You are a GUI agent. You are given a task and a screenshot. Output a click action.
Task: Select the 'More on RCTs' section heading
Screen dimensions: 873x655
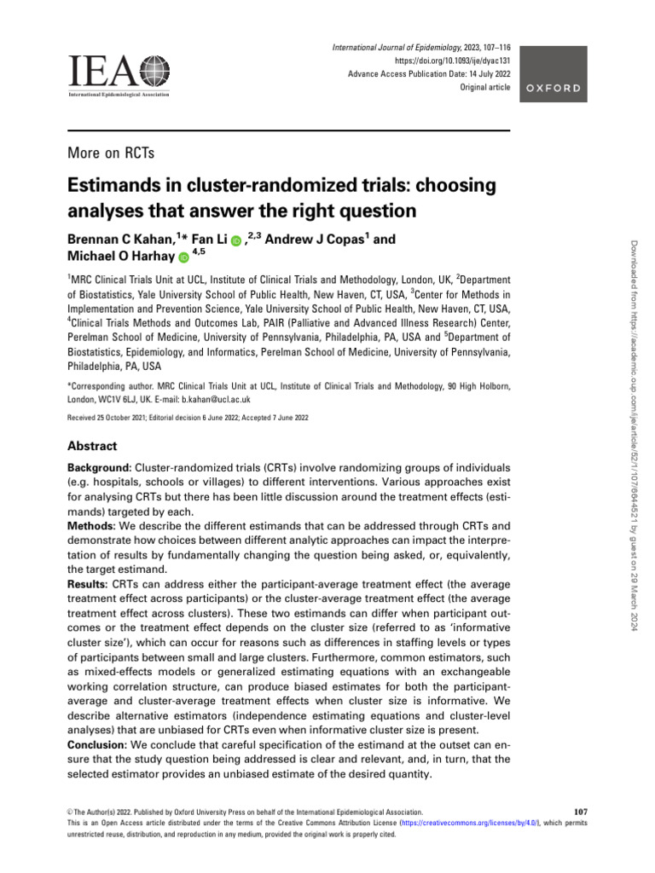[109, 153]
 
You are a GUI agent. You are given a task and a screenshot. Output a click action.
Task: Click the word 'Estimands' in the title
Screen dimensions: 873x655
[115, 188]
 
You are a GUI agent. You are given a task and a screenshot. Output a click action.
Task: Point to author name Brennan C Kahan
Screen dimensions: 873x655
[119, 240]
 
